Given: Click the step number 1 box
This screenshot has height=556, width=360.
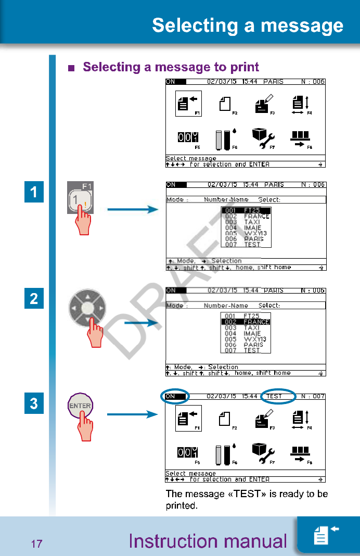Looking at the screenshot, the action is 34,192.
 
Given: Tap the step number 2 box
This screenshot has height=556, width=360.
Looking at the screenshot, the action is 34,299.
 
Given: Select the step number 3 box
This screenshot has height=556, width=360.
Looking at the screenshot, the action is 34,403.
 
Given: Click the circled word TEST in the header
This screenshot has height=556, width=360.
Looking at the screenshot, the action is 278,396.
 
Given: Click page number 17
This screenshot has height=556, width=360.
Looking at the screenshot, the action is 36,545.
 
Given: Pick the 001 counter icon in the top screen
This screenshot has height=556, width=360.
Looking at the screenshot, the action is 188,137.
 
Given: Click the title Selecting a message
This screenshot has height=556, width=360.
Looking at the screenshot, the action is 248,26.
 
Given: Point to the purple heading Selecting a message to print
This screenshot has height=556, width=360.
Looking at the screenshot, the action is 171,67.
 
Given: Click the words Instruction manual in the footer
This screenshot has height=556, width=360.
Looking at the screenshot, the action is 208,541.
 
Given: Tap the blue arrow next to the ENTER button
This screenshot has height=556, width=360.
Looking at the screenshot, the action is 132,415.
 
